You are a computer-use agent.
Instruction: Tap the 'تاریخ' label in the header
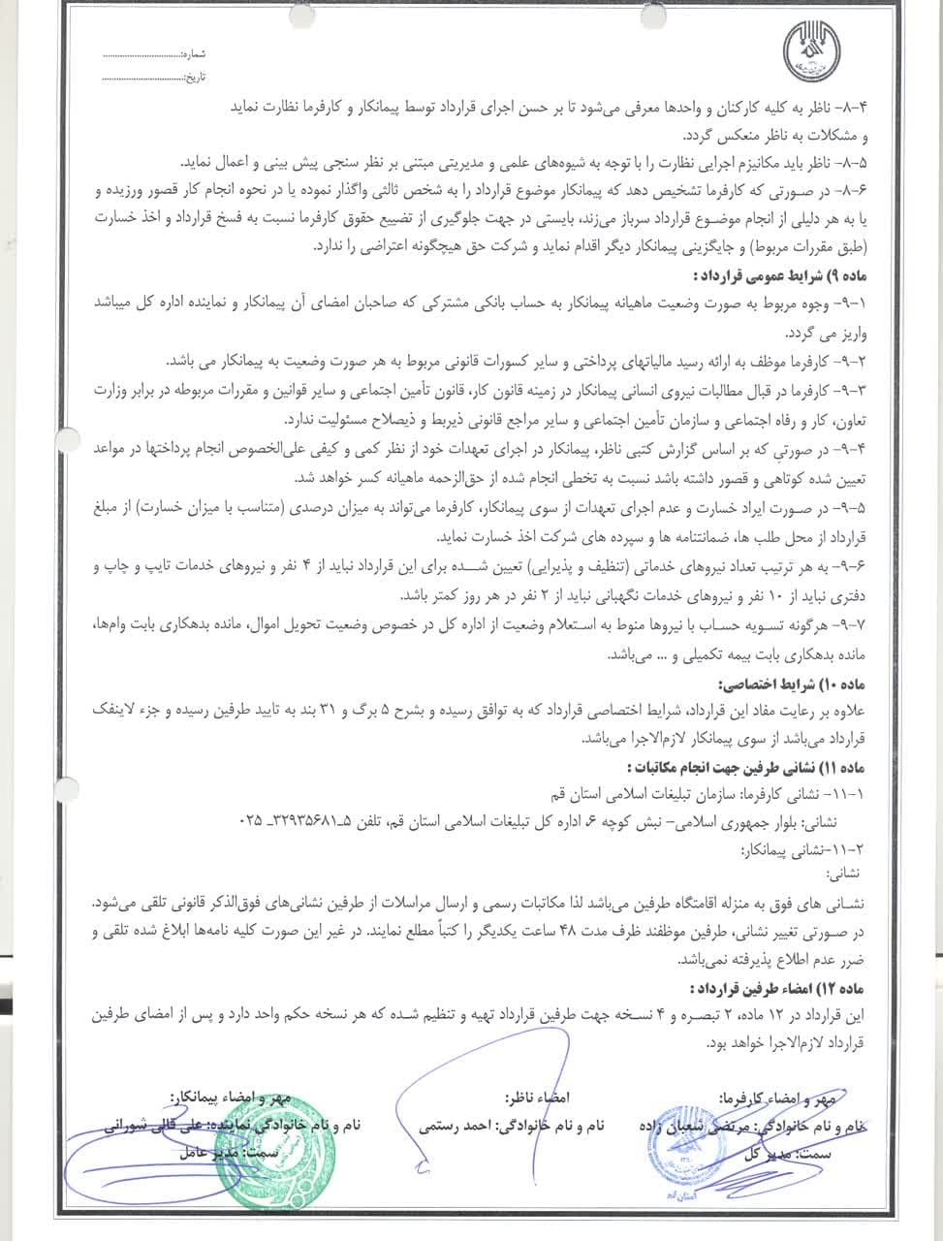coord(196,75)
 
